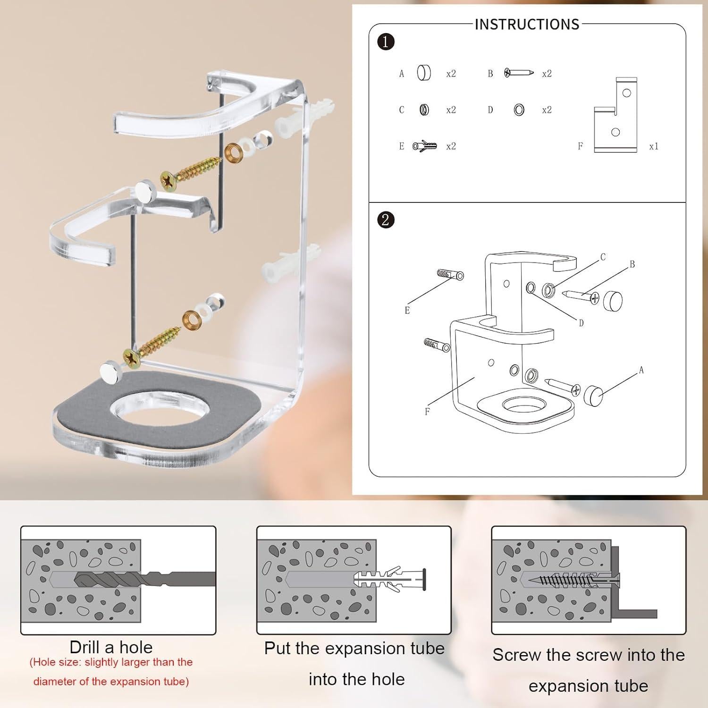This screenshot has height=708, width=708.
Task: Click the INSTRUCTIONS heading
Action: [x=527, y=24]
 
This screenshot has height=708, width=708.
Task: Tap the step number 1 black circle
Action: [x=386, y=42]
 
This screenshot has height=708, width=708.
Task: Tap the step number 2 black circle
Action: [x=386, y=219]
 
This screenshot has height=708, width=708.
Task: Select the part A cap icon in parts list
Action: [x=424, y=73]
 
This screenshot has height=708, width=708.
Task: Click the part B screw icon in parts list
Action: [x=519, y=73]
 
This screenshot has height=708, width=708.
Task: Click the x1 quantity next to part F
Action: [x=653, y=146]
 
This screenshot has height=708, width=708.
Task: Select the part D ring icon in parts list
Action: [x=519, y=110]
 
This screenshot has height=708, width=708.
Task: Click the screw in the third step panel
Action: [x=571, y=580]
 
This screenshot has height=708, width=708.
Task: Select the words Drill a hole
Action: [x=111, y=647]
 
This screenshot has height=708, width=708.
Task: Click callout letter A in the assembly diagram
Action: [x=641, y=371]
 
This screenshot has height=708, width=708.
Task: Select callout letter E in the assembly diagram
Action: [x=407, y=311]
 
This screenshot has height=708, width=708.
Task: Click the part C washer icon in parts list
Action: [x=424, y=110]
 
